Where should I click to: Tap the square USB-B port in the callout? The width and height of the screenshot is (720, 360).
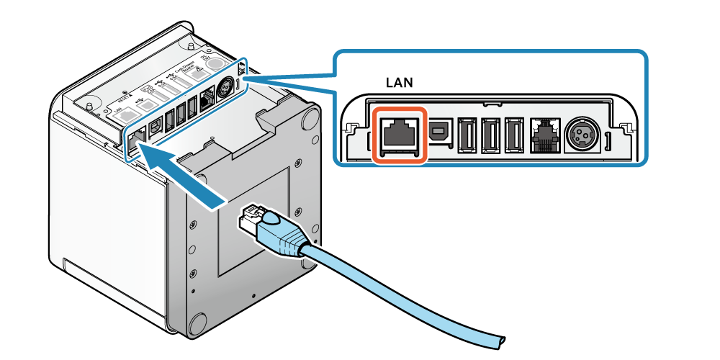coord(438,131)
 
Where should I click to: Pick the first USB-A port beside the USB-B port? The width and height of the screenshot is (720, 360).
coord(465,134)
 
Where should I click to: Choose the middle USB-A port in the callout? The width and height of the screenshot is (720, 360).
coord(490,134)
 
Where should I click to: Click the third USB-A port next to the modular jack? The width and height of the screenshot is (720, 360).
coord(514,134)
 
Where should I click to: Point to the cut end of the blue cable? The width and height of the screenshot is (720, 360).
coord(500,338)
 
